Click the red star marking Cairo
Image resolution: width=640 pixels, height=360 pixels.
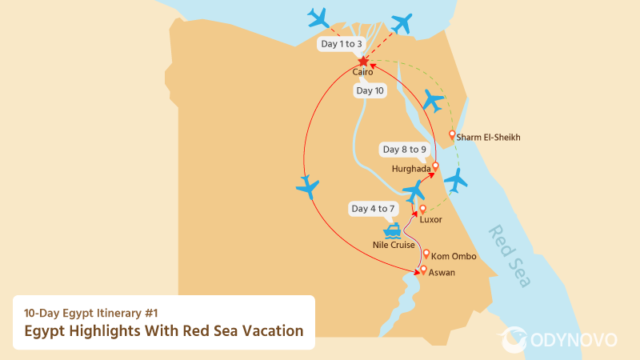363,62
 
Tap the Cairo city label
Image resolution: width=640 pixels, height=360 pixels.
363,73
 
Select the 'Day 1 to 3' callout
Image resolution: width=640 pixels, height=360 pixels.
341,44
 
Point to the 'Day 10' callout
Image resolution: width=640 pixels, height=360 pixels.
370,91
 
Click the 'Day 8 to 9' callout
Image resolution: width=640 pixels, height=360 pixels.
405,150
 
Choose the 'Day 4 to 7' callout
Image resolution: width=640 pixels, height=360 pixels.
373,209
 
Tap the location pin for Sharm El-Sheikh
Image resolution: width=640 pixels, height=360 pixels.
453,134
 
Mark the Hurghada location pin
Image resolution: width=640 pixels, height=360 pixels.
436,166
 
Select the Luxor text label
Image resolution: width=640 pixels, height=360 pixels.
430,219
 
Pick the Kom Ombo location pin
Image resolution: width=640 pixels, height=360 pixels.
426,254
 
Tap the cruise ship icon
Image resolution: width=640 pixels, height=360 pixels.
394,230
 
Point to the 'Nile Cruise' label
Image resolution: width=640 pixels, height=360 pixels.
394,245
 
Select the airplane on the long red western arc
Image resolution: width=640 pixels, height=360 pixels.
307,187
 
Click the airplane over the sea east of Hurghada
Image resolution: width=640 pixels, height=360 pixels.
456,180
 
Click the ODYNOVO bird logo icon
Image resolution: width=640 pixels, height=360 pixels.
513,339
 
